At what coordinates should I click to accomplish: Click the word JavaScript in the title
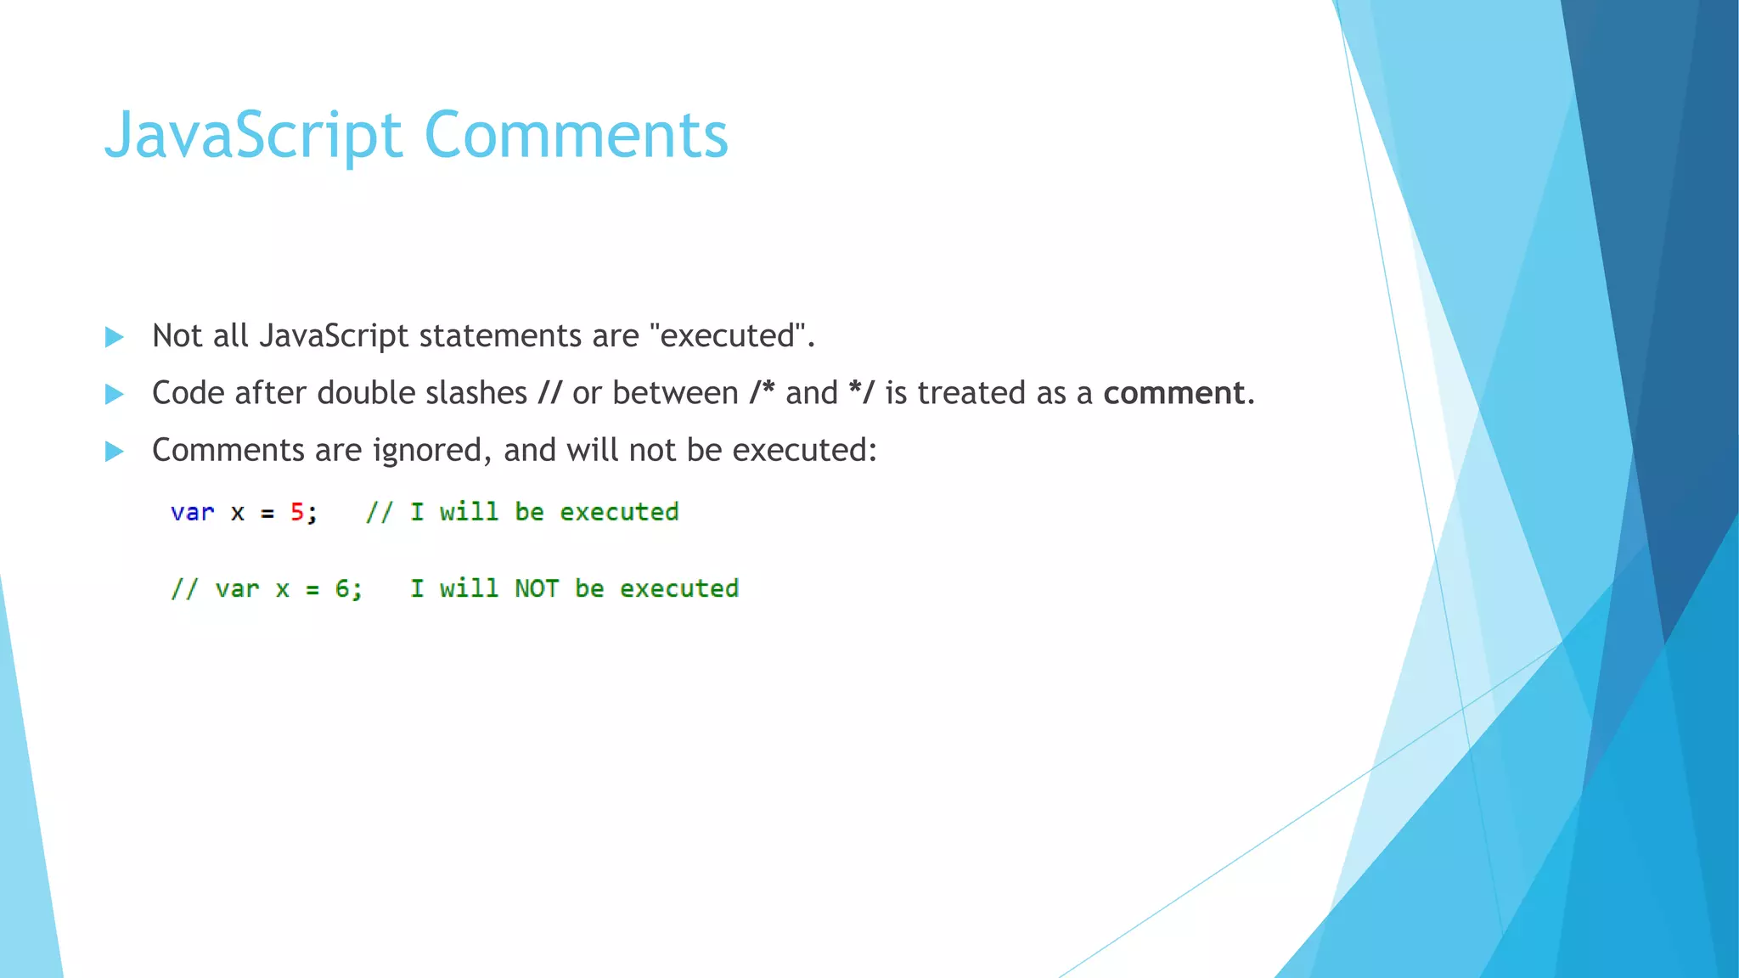click(252, 136)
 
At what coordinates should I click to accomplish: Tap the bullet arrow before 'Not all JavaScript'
click(114, 337)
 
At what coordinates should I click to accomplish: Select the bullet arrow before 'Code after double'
click(114, 394)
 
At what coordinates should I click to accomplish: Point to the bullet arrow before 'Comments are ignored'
click(114, 451)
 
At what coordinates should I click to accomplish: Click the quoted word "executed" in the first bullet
click(727, 336)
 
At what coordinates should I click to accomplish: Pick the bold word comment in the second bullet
click(1173, 393)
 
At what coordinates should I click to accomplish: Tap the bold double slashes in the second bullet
click(549, 393)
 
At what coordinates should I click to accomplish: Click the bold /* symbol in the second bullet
click(762, 393)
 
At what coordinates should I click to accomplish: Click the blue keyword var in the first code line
click(192, 513)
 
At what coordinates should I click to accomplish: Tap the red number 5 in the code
click(297, 512)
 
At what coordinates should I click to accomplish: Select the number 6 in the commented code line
click(342, 588)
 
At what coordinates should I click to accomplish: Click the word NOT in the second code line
click(536, 588)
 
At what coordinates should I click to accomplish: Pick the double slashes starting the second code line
click(184, 588)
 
